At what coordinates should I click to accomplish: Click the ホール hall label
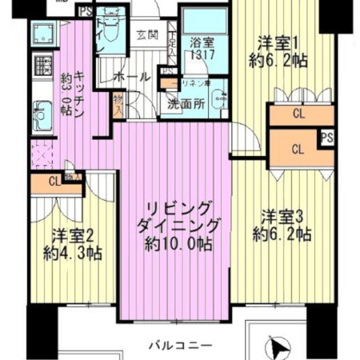[x=131, y=78]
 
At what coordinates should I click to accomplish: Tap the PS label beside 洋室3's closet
[x=326, y=138]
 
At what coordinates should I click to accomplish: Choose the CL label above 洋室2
[x=53, y=181]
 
